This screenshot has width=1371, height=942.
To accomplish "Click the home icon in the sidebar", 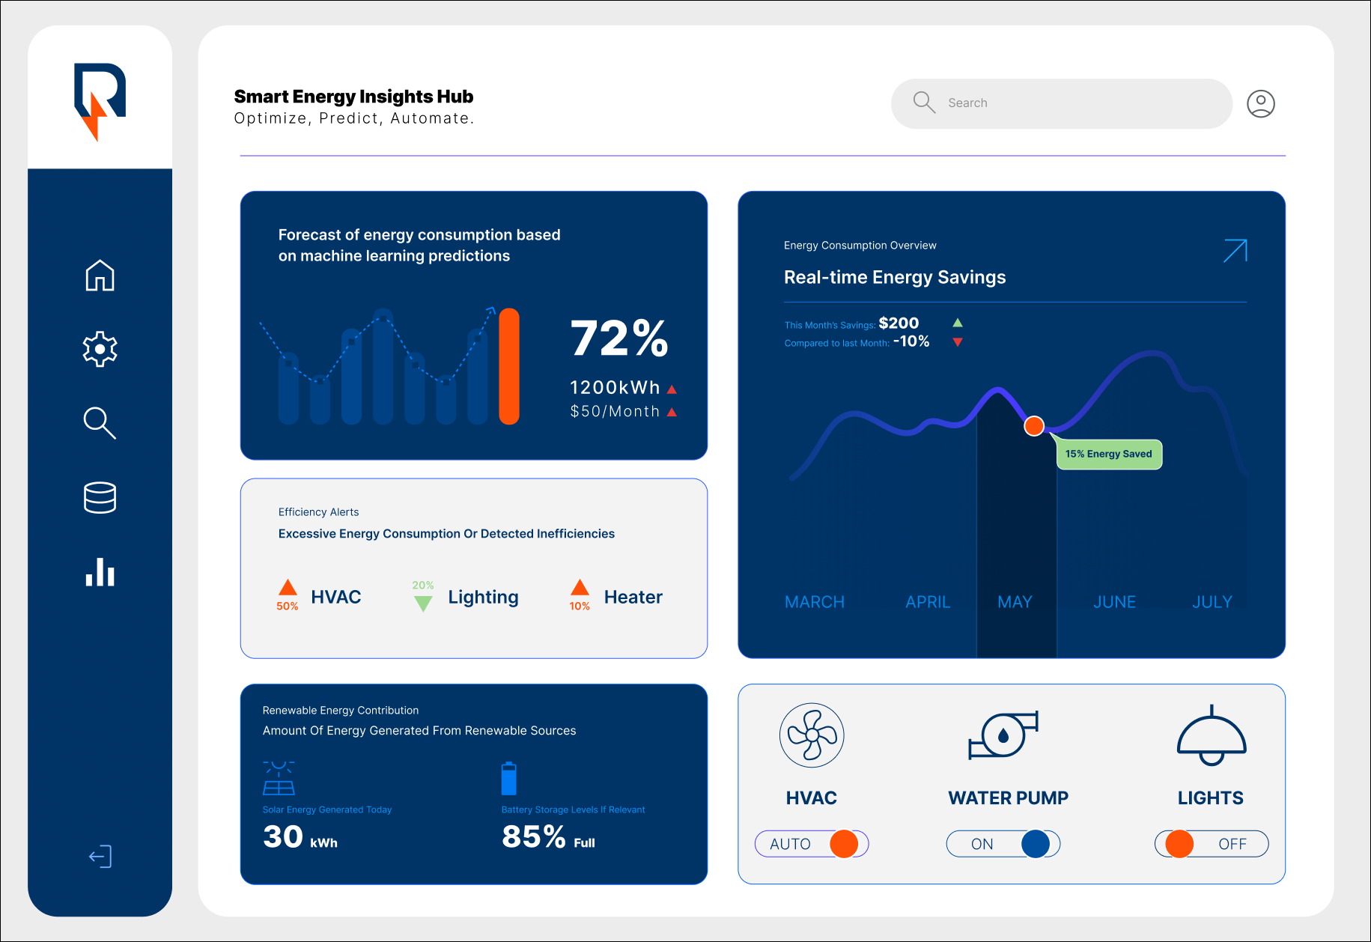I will point(100,276).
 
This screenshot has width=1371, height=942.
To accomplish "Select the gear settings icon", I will point(100,349).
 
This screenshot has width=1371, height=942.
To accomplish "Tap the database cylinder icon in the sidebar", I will point(100,497).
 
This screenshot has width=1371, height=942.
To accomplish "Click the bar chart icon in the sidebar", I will point(100,572).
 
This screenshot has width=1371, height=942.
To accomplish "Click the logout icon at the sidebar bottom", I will point(100,857).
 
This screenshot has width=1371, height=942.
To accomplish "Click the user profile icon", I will point(1261,103).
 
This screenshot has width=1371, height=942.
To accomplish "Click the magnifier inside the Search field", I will point(924,103).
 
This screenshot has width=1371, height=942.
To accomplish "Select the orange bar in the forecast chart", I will point(509,366).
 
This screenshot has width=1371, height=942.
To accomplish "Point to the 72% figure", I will point(619,338).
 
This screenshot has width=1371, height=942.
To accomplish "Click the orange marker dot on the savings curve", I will point(1034,426).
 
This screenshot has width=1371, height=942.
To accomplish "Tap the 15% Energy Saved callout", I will point(1109,455).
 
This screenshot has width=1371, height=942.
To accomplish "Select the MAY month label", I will point(1015,602).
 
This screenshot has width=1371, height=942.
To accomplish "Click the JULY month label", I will point(1212,602).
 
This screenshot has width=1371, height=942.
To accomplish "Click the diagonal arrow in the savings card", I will point(1235,251).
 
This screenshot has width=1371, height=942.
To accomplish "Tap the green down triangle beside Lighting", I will point(423,604).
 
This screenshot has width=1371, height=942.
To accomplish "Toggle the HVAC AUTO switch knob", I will point(844,844).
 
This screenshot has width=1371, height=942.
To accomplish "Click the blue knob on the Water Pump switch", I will point(1036,844).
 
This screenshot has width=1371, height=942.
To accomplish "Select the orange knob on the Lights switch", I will point(1179,844).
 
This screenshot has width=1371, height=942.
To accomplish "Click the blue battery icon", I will point(508,779).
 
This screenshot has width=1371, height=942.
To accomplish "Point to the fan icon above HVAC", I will point(812,735).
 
